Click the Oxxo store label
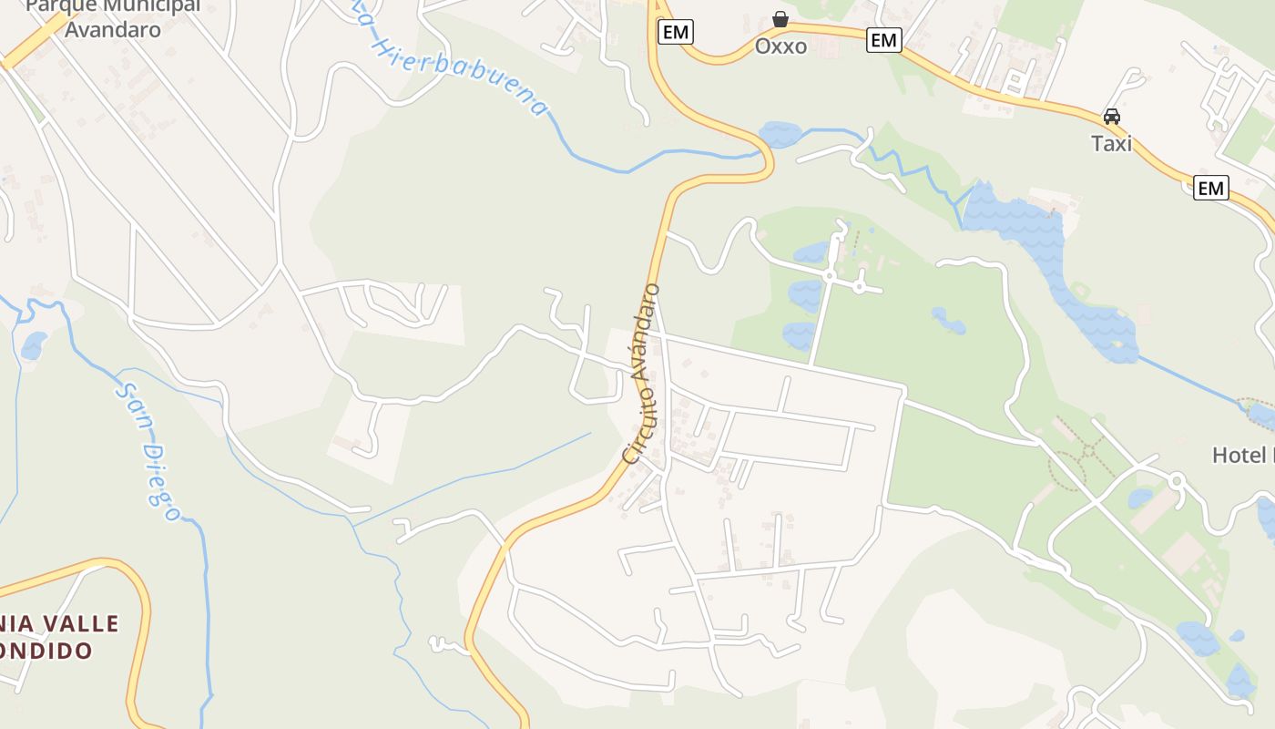pyautogui.click(x=780, y=46)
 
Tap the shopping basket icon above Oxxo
pyautogui.click(x=780, y=19)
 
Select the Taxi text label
pyautogui.click(x=1111, y=143)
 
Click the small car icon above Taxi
pyautogui.click(x=1111, y=117)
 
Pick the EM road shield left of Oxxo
pyautogui.click(x=675, y=32)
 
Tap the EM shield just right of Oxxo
pyautogui.click(x=883, y=40)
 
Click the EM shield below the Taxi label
pyautogui.click(x=1210, y=189)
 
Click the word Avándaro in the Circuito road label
pyautogui.click(x=645, y=328)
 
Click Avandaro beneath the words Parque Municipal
pyautogui.click(x=113, y=29)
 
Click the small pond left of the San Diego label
pyautogui.click(x=34, y=345)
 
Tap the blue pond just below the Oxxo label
pyautogui.click(x=780, y=135)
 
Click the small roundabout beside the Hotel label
pyautogui.click(x=1176, y=479)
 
